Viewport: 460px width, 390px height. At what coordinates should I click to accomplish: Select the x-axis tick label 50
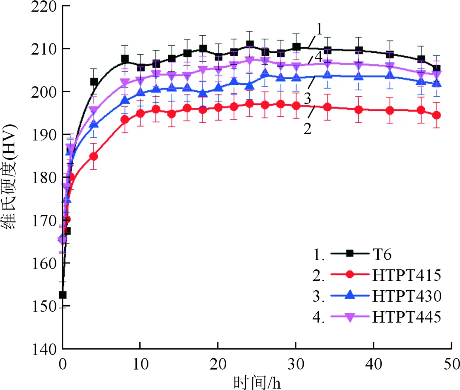(451, 364)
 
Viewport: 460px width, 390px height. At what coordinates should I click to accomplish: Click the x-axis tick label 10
(140, 364)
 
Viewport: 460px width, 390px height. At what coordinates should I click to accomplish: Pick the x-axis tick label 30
(296, 364)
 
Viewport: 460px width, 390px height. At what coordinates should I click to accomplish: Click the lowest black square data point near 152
(63, 295)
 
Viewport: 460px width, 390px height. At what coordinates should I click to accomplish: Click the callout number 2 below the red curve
(307, 128)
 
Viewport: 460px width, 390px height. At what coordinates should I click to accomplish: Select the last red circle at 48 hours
(436, 115)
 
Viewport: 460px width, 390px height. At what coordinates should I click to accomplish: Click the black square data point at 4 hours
(94, 82)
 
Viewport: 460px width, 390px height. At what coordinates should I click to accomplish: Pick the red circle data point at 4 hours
(94, 156)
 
